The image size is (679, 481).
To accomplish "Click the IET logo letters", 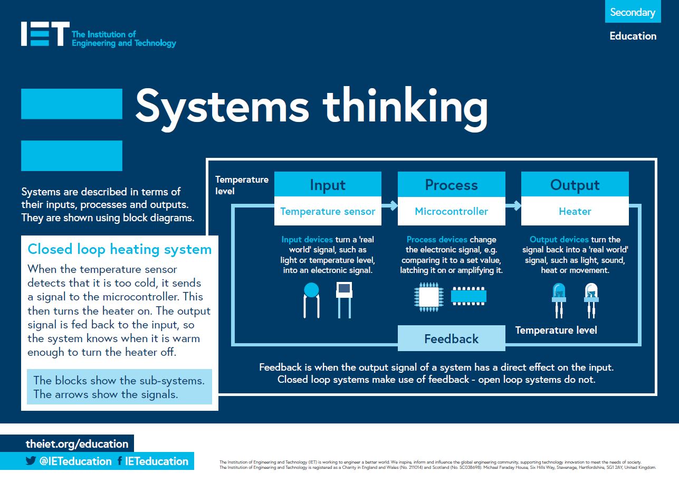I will pyautogui.click(x=45, y=34).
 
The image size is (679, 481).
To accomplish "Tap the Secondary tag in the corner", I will pyautogui.click(x=633, y=12).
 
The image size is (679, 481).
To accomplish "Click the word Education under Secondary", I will pyautogui.click(x=633, y=36).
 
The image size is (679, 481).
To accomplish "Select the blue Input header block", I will pyautogui.click(x=328, y=184).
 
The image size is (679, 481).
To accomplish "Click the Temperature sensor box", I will pyautogui.click(x=328, y=211).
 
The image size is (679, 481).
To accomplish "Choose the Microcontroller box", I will pyautogui.click(x=451, y=211).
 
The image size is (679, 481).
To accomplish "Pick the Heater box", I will pyautogui.click(x=575, y=211).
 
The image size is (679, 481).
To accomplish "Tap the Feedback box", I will pyautogui.click(x=451, y=338).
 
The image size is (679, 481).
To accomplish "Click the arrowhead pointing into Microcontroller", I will pyautogui.click(x=393, y=205).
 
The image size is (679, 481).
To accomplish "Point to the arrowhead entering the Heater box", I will pyautogui.click(x=517, y=205).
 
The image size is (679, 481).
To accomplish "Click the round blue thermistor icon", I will pyautogui.click(x=312, y=290).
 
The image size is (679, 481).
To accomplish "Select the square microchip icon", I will pyautogui.click(x=428, y=296).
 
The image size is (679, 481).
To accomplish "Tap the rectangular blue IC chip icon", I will pyautogui.click(x=468, y=296).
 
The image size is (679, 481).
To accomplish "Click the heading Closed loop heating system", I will pyautogui.click(x=119, y=249).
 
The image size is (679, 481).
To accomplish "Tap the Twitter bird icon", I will pyautogui.click(x=31, y=461).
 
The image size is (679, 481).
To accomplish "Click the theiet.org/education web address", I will pyautogui.click(x=77, y=444).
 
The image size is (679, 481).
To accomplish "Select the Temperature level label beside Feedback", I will pyautogui.click(x=556, y=331).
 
